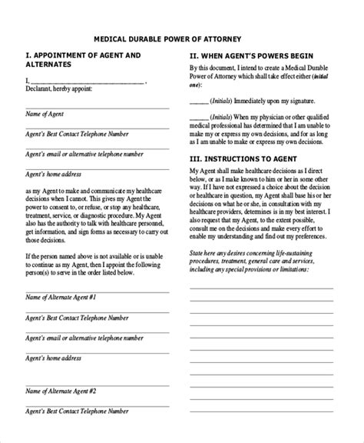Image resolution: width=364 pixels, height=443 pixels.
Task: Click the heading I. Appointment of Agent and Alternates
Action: point(83,60)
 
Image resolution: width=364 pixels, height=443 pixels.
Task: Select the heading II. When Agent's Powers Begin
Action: point(250,55)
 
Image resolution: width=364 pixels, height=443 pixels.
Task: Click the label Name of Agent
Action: point(44,113)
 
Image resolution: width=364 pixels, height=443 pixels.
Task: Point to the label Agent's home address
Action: point(54,175)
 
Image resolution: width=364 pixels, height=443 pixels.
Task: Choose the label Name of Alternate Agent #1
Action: point(61,296)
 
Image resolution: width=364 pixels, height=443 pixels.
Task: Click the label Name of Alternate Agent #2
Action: point(61,411)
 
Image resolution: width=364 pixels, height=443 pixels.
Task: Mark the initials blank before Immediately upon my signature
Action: point(198,101)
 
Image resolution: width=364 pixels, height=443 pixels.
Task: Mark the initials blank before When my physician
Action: point(198,118)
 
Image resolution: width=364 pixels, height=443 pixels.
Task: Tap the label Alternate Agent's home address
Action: point(54,357)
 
